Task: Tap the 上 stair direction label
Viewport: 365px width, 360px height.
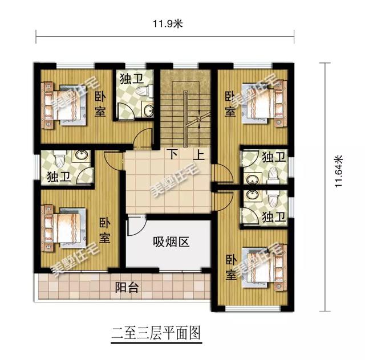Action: coord(200,154)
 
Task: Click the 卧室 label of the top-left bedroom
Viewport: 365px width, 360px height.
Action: coord(100,104)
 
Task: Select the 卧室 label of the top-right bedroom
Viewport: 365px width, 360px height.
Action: coord(229,104)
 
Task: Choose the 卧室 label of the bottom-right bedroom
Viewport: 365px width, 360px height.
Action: coord(230,268)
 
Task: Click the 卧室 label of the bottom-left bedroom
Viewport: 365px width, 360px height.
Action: coord(105,231)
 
